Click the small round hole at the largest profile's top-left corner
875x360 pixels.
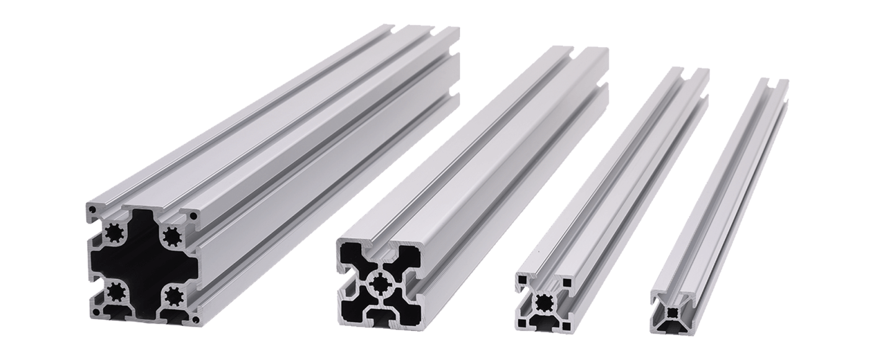92,211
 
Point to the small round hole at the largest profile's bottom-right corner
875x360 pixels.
195,320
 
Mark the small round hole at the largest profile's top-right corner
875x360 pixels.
194,216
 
